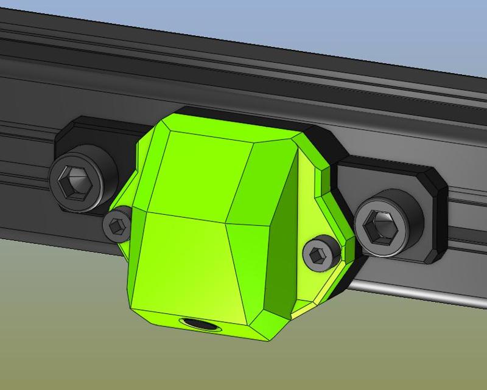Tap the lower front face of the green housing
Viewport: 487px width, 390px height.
(183, 262)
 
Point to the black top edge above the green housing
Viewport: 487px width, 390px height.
(243, 117)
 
